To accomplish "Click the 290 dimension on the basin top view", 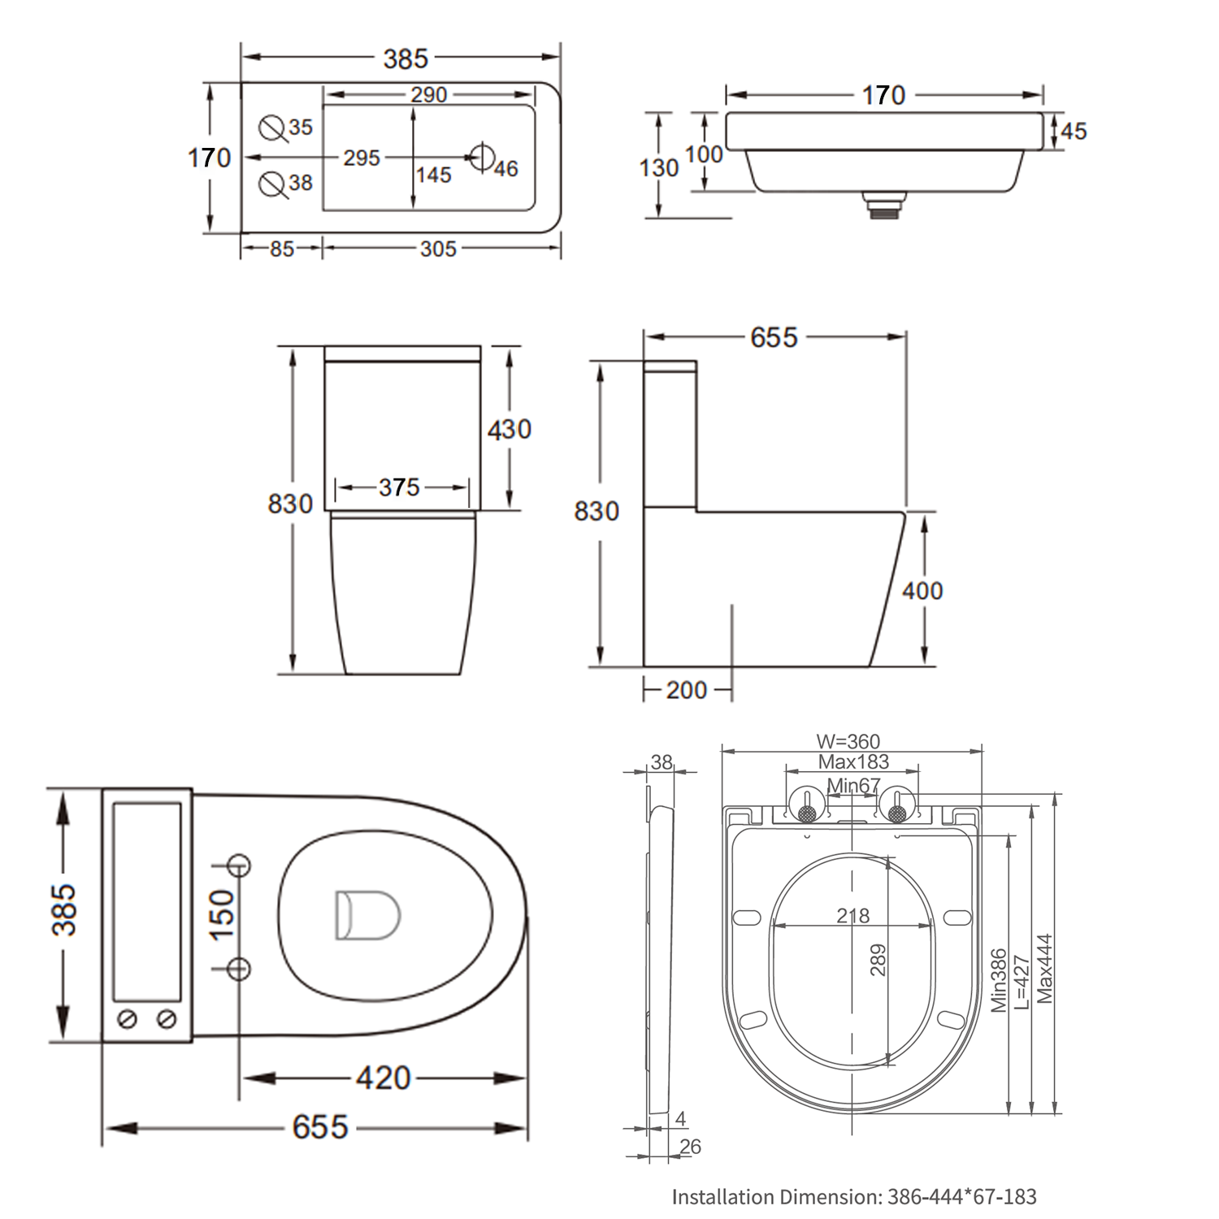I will (428, 95).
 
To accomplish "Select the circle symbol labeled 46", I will (482, 157).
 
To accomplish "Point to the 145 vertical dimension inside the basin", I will (433, 175).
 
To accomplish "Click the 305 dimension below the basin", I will (438, 249).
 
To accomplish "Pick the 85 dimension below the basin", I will (281, 249).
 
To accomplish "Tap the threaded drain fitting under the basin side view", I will (883, 204).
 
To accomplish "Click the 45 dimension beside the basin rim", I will (1074, 131).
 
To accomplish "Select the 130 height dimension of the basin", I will (658, 167).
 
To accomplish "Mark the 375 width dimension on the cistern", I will (399, 488).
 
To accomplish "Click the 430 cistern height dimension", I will (510, 429).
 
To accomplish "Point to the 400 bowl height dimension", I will (922, 590).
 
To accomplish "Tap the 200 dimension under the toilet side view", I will (687, 690).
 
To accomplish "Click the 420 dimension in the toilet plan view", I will (383, 1078).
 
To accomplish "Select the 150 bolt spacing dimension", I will (222, 915).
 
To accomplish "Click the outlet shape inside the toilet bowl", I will (367, 915).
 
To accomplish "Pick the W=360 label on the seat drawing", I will (848, 741).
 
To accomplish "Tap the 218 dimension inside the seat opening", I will (853, 916).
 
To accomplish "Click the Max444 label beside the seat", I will (1045, 968).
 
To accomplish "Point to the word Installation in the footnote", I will (722, 1197).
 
